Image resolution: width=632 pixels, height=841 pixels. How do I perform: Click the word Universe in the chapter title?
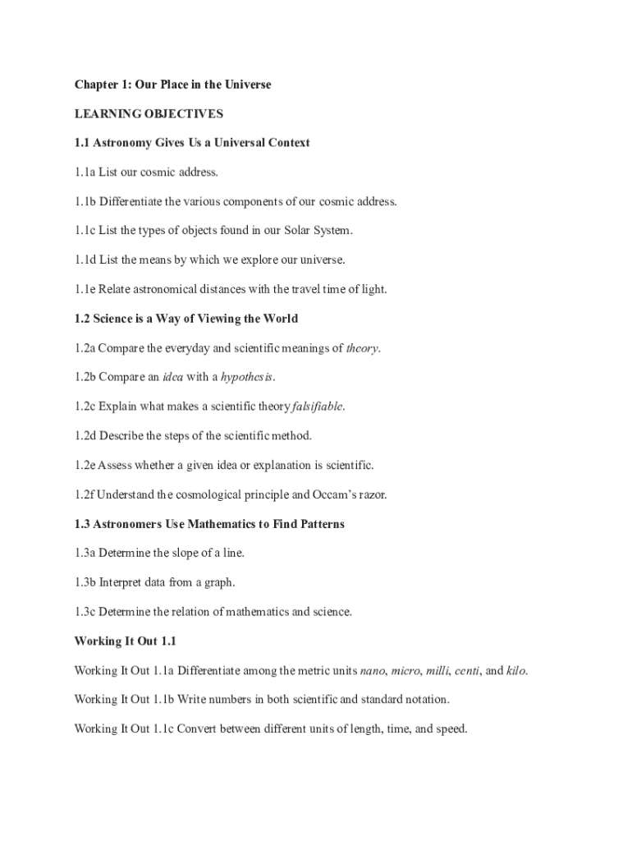tap(245, 85)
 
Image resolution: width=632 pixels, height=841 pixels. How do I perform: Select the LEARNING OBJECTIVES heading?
tap(149, 113)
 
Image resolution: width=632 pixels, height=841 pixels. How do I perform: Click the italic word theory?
tap(362, 348)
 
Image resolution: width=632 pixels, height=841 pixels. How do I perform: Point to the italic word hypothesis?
tap(246, 377)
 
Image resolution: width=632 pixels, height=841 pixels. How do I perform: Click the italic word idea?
tap(172, 377)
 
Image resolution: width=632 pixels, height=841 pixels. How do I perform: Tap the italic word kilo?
tap(515, 671)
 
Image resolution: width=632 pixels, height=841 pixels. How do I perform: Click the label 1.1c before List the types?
tap(85, 231)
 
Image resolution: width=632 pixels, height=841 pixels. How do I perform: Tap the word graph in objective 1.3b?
tap(218, 582)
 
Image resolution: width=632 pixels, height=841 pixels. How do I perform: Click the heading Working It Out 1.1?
tap(126, 641)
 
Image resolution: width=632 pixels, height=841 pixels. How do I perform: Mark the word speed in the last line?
tap(449, 728)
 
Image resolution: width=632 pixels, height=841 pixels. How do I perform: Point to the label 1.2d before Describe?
tap(85, 436)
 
